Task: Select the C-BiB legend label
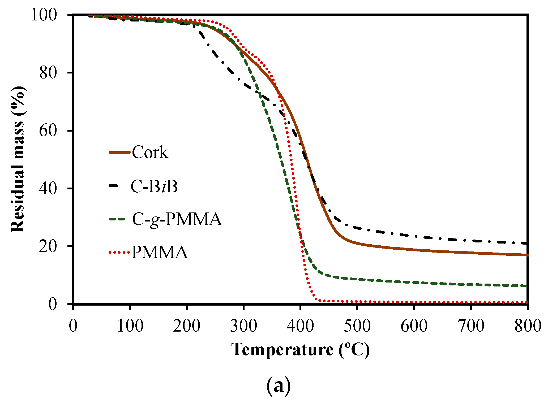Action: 154,186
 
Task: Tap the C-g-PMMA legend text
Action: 177,219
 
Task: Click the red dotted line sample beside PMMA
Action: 119,252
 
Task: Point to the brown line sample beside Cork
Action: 119,153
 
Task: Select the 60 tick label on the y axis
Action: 48,131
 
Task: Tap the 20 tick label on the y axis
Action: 48,246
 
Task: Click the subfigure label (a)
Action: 278,386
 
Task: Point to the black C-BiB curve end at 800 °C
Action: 526,243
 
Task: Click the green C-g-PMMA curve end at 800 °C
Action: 526,286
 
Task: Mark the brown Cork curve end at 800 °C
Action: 526,255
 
